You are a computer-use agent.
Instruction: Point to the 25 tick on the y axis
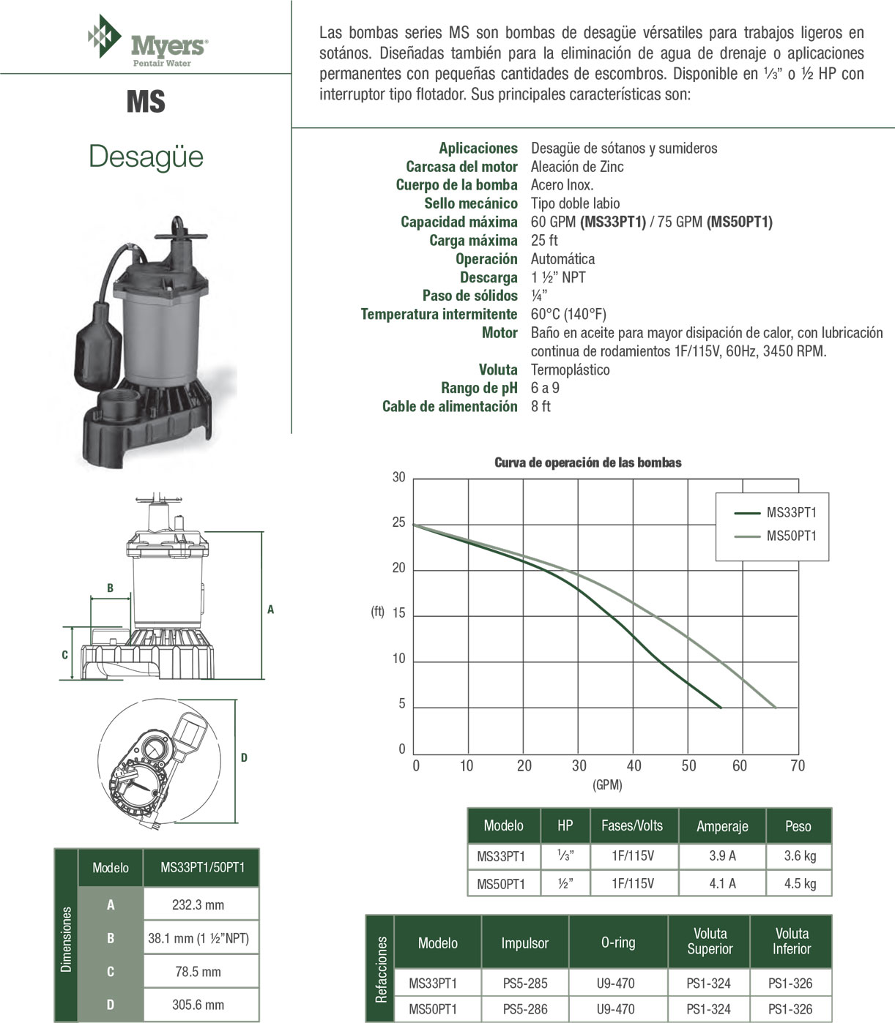click(x=398, y=522)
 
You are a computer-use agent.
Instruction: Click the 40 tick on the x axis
click(x=634, y=765)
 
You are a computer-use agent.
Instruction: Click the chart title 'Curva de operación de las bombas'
click(x=588, y=462)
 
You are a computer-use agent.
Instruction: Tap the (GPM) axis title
click(x=607, y=784)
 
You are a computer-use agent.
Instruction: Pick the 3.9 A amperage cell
click(x=722, y=855)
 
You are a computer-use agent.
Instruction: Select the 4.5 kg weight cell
click(x=799, y=883)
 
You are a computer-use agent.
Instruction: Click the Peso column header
click(x=798, y=826)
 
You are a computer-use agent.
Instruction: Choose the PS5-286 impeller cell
click(x=525, y=1009)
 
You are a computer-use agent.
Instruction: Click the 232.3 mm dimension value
click(x=198, y=904)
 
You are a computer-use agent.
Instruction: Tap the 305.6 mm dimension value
click(x=198, y=1005)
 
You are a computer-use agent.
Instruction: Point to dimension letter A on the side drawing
click(x=270, y=609)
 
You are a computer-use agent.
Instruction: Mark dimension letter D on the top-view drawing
click(x=244, y=757)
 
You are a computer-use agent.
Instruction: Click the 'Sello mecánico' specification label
click(x=470, y=203)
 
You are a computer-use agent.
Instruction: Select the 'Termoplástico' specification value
click(x=570, y=370)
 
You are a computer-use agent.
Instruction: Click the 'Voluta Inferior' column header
click(x=791, y=941)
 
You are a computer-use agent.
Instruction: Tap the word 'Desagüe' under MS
click(x=146, y=157)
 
